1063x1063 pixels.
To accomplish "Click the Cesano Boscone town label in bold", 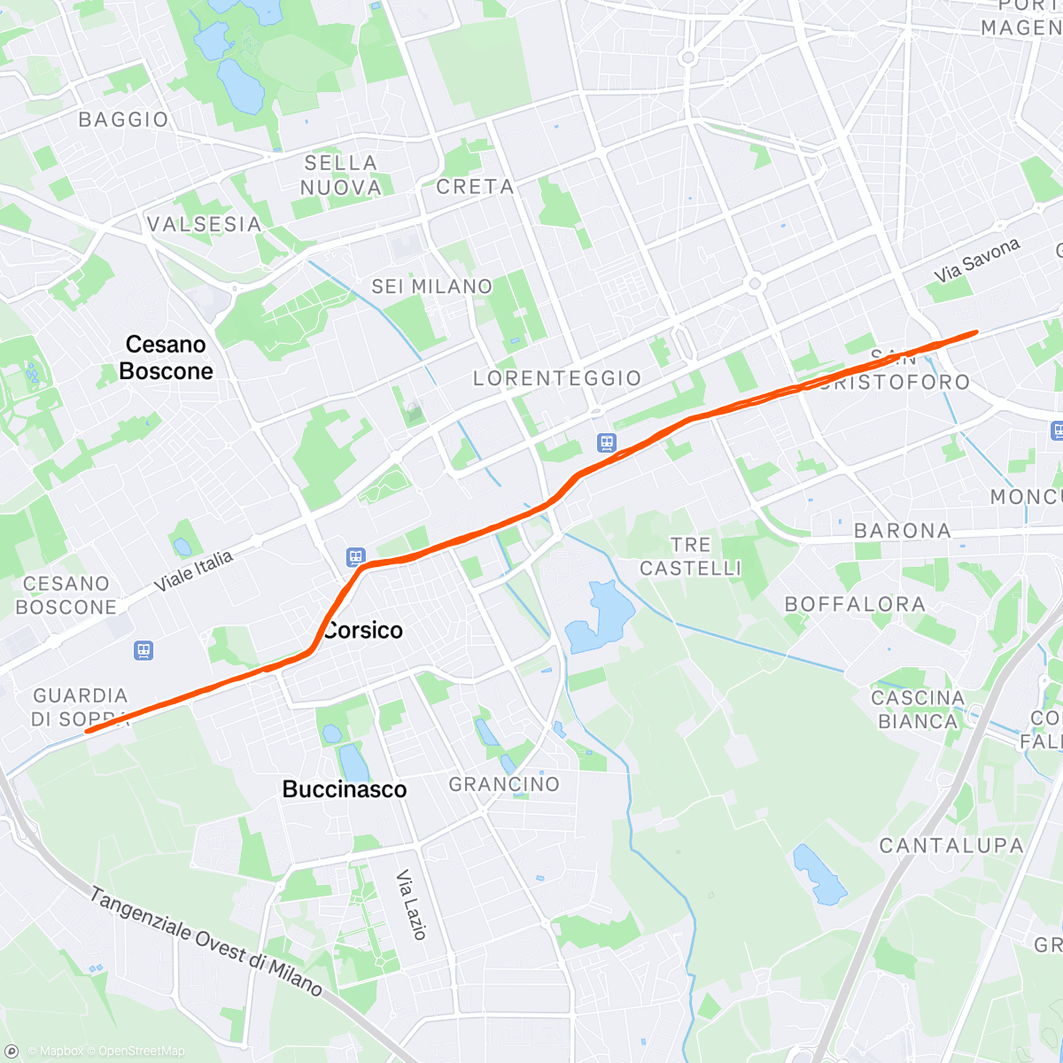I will click(167, 358).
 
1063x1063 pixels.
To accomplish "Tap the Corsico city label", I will click(363, 631).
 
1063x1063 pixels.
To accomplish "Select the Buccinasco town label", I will click(345, 789).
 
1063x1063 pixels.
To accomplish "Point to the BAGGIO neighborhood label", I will click(123, 120).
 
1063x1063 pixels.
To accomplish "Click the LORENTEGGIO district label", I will click(557, 379).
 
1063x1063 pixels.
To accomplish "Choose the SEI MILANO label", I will click(431, 287).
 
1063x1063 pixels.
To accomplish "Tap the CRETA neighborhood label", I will click(475, 187).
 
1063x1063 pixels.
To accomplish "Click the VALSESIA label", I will click(205, 225).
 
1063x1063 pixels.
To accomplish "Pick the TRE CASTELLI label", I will click(691, 556).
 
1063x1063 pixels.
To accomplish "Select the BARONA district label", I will click(903, 531).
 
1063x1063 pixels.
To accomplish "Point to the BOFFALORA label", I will click(855, 605).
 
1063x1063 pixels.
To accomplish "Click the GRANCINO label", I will click(504, 785).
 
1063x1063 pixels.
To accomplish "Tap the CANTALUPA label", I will click(951, 846).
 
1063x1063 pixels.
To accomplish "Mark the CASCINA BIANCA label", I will click(918, 710).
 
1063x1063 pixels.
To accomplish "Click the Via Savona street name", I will click(977, 260).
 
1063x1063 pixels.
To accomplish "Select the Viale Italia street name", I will click(194, 571).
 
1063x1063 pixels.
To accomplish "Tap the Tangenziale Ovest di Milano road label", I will click(206, 942).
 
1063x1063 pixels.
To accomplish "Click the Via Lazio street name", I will click(411, 904).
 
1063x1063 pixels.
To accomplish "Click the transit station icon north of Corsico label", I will click(355, 557).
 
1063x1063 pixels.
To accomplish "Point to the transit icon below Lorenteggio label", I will click(606, 442).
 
